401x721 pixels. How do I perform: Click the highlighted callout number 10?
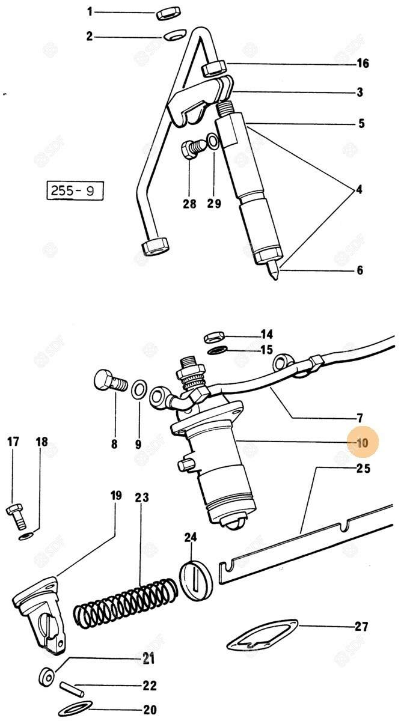pyautogui.click(x=362, y=443)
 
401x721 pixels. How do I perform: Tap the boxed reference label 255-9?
pyautogui.click(x=73, y=192)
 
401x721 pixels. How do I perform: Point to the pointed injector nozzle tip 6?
pyautogui.click(x=274, y=273)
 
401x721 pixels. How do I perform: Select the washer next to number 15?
pyautogui.click(x=217, y=350)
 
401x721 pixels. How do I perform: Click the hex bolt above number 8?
pyautogui.click(x=110, y=383)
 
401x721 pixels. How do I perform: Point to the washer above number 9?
pyautogui.click(x=138, y=390)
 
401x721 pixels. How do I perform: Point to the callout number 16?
pyautogui.click(x=362, y=64)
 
